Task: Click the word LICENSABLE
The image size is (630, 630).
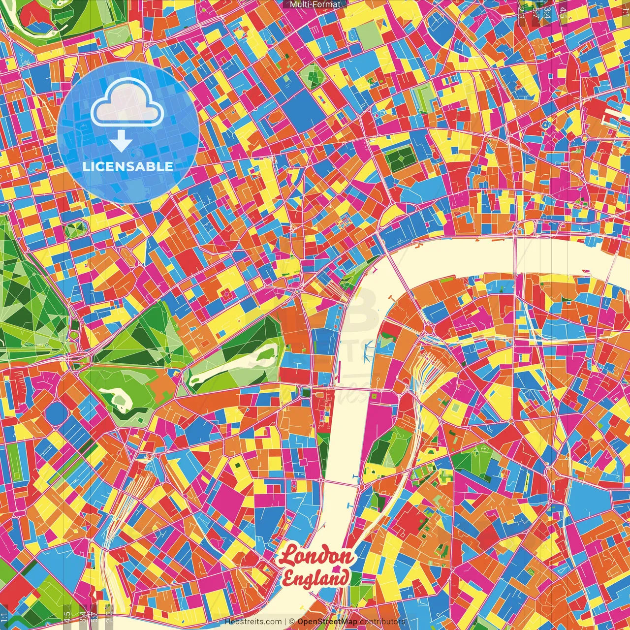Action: [127, 166]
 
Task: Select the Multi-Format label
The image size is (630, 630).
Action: [315, 4]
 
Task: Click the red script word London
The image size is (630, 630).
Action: [316, 557]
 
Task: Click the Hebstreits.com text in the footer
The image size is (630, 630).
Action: [253, 622]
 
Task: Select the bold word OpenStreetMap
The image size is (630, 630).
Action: [327, 622]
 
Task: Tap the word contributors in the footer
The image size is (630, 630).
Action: [382, 622]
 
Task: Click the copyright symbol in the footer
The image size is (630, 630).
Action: [292, 622]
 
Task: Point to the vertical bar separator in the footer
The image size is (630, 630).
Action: [285, 622]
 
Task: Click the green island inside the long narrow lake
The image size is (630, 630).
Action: [266, 353]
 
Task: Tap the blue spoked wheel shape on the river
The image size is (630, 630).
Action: [366, 350]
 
